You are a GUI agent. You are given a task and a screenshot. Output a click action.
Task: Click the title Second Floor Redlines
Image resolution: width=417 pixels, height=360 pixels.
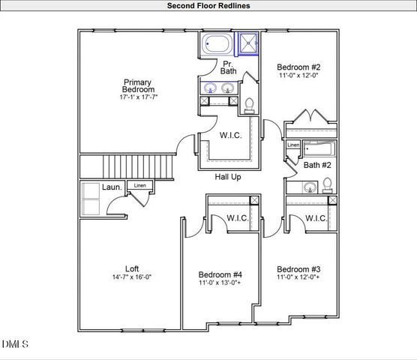click(208, 5)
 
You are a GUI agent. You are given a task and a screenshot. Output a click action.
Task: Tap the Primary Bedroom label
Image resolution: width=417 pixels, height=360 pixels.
click(138, 86)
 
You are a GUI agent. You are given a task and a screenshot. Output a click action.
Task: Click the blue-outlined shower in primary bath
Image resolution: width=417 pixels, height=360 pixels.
click(248, 44)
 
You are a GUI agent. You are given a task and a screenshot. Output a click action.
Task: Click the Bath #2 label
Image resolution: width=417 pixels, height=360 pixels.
click(317, 164)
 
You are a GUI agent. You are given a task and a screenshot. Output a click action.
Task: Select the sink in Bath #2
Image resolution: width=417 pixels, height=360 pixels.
click(308, 187)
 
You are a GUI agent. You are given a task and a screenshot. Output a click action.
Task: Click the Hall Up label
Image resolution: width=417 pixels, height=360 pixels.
click(228, 177)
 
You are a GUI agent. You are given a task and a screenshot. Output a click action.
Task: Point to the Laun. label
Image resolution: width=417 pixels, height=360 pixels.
click(113, 187)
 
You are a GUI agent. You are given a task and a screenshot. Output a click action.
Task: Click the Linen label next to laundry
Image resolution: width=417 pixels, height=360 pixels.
click(140, 185)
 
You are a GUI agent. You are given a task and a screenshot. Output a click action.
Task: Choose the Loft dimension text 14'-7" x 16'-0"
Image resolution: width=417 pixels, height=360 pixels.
click(131, 277)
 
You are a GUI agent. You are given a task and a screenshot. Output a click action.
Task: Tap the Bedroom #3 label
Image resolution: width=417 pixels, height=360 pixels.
click(298, 269)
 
